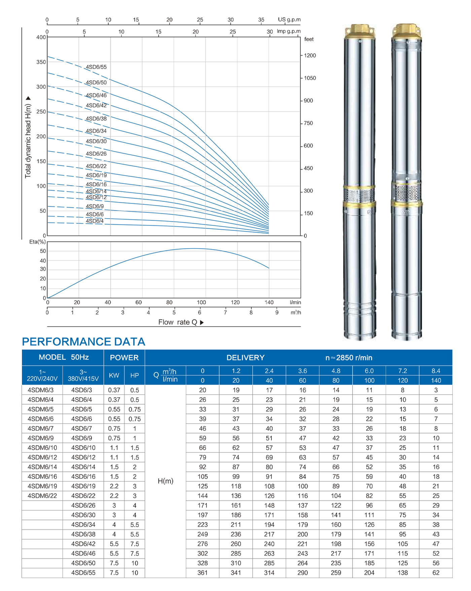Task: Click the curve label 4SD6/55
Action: (x=96, y=67)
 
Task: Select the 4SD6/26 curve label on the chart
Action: (x=96, y=154)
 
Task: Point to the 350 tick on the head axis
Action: (x=41, y=62)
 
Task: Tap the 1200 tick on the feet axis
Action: (x=310, y=56)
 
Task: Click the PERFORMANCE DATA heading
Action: (x=83, y=342)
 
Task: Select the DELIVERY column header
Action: (x=246, y=358)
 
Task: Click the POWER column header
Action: (x=124, y=358)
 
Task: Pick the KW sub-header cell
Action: (x=114, y=375)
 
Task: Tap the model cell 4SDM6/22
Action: (x=42, y=496)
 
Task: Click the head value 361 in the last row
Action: (x=203, y=573)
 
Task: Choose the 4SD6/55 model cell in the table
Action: (x=83, y=573)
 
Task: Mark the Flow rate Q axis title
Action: (x=178, y=322)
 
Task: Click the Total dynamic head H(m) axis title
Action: (x=28, y=141)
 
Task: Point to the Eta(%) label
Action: (x=37, y=242)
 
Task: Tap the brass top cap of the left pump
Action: (x=360, y=31)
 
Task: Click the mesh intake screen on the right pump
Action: (x=407, y=193)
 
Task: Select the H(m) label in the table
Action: (x=166, y=481)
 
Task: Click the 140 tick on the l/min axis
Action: (x=269, y=302)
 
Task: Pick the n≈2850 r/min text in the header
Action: (x=349, y=358)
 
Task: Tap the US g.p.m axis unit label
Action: (x=289, y=20)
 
